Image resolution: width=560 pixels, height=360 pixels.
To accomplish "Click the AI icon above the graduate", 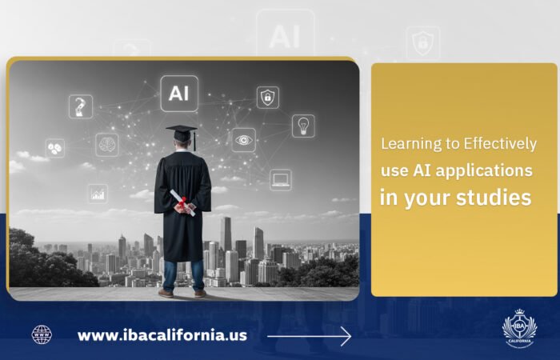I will [x=179, y=93].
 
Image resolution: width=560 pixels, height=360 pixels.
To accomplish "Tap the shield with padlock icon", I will [x=268, y=97].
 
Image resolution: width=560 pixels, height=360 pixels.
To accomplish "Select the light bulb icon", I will [x=302, y=126].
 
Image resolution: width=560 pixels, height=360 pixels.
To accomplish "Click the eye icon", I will [x=244, y=139].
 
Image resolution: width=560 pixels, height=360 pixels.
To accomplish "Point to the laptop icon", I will [x=280, y=179].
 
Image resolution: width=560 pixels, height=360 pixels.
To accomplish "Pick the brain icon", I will [x=107, y=144].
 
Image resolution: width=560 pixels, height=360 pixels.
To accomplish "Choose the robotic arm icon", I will [x=81, y=106].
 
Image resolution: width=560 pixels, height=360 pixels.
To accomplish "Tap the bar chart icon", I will [x=98, y=193].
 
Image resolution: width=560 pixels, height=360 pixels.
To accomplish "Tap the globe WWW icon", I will [x=42, y=334].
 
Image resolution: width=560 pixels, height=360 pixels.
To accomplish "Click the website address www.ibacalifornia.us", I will [x=162, y=335].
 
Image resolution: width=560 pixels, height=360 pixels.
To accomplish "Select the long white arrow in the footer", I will [x=309, y=336].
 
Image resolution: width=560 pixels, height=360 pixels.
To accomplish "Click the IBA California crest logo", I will [x=520, y=329].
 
